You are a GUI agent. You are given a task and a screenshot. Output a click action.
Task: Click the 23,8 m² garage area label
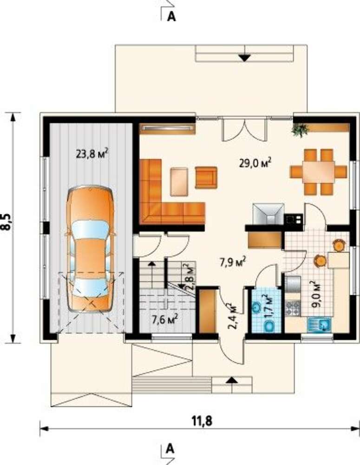[x=92, y=154]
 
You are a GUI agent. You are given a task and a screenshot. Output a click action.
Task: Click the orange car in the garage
[x=91, y=249]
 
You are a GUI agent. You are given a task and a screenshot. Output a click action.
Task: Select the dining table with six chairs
[x=319, y=172]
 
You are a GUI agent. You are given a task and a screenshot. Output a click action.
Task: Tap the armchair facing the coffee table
[x=206, y=177]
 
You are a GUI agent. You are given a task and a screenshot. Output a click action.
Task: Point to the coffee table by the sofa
[x=179, y=182]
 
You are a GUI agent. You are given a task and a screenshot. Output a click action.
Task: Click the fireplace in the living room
[x=268, y=214]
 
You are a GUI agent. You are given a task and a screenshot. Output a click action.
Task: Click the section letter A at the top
[x=171, y=17]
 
